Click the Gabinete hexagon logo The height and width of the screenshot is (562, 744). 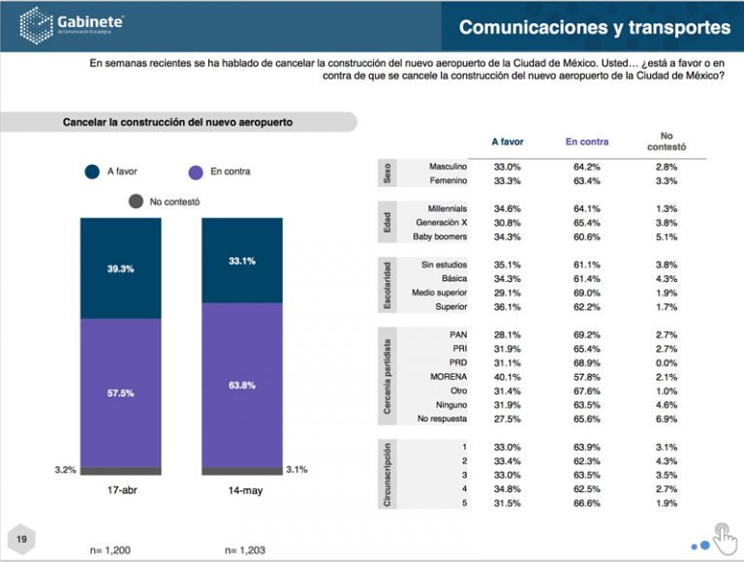(x=36, y=25)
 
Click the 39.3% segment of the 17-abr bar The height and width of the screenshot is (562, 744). (x=120, y=268)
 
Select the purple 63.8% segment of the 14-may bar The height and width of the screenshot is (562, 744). (x=242, y=386)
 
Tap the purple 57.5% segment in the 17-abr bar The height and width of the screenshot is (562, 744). (x=120, y=393)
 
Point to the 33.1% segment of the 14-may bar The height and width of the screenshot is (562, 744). (x=242, y=261)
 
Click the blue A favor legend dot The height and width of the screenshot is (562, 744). (x=92, y=172)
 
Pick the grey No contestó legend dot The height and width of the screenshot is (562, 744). (x=136, y=202)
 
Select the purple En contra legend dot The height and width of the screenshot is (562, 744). (x=196, y=172)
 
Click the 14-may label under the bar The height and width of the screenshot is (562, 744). (x=245, y=490)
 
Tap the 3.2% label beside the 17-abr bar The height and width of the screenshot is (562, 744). (x=66, y=470)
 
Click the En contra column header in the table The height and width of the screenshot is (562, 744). (x=587, y=141)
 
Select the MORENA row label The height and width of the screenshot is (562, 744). (x=449, y=377)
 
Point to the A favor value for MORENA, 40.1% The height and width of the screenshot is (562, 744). (x=508, y=377)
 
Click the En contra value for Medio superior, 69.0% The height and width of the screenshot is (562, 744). (x=587, y=293)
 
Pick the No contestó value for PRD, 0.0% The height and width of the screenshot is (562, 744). (x=666, y=363)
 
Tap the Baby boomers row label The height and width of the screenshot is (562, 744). (x=440, y=236)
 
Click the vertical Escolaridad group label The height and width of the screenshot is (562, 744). (x=387, y=285)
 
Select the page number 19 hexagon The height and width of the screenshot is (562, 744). (x=21, y=539)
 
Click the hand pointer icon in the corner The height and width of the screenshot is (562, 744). (x=725, y=539)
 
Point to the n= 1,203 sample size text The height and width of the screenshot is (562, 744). (x=245, y=550)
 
